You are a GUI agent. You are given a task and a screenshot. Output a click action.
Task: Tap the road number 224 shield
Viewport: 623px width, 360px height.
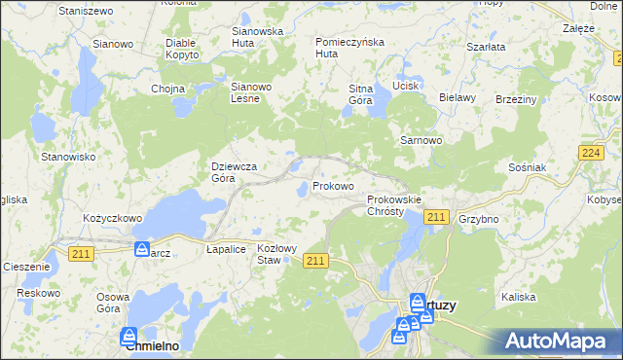click(589, 153)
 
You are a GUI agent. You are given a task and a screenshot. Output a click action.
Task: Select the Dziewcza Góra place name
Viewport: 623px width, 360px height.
click(236, 172)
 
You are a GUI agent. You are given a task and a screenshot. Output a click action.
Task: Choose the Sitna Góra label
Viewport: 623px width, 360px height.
click(361, 94)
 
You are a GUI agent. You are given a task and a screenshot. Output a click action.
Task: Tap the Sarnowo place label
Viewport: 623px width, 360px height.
click(421, 140)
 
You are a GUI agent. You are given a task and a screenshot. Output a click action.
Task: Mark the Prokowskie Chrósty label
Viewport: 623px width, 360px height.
click(393, 205)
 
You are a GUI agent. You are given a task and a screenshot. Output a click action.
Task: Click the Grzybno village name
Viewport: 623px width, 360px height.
click(478, 219)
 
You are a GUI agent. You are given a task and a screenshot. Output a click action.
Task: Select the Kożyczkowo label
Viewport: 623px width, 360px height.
click(113, 219)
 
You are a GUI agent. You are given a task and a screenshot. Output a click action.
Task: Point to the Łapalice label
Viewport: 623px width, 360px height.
click(226, 249)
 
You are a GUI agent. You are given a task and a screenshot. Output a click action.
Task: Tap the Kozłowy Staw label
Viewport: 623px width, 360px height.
click(275, 254)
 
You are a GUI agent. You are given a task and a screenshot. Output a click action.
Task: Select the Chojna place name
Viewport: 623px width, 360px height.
click(167, 89)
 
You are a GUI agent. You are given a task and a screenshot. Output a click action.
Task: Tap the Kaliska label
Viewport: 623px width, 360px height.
click(518, 296)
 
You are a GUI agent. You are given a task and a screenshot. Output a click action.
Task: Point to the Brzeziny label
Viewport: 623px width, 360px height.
click(516, 98)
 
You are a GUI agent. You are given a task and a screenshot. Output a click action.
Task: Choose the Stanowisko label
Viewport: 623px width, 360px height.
click(67, 156)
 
